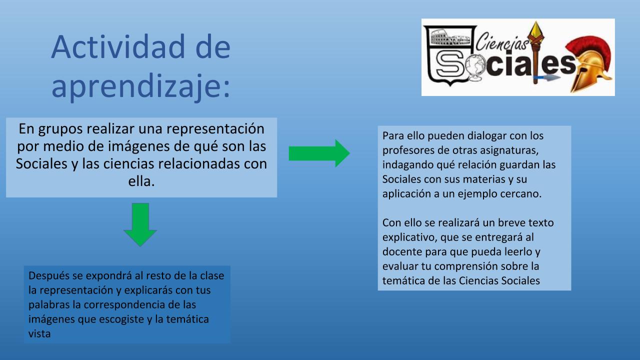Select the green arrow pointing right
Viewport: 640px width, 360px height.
pyautogui.click(x=319, y=153)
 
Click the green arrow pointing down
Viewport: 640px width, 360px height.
pyautogui.click(x=140, y=225)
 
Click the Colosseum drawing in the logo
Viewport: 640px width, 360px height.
pyautogui.click(x=450, y=37)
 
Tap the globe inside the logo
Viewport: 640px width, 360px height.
pyautogui.click(x=473, y=67)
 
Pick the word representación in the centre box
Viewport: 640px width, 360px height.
pyautogui.click(x=215, y=129)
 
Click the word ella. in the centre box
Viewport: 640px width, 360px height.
pyautogui.click(x=141, y=181)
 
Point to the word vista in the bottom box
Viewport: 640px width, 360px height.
pyautogui.click(x=39, y=333)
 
